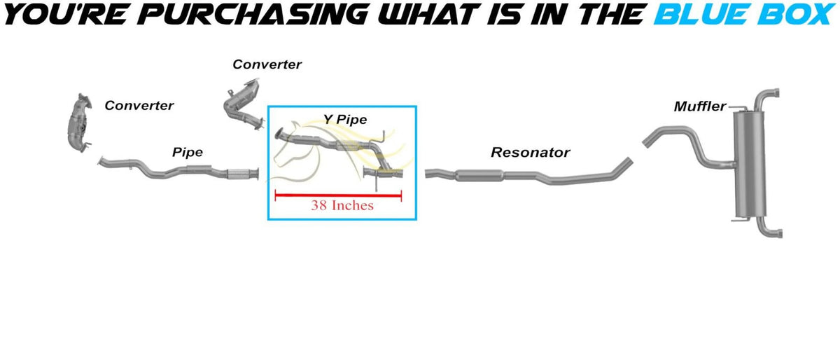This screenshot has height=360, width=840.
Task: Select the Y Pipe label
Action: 345,119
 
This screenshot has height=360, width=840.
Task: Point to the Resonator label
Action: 531,152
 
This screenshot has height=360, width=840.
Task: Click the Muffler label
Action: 700,106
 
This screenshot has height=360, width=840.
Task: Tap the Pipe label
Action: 188,152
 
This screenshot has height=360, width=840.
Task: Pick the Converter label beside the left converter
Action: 139,106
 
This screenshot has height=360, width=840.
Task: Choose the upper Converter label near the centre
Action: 267,64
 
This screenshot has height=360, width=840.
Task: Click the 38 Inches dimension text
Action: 342,205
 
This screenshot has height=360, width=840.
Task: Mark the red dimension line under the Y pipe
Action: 338,195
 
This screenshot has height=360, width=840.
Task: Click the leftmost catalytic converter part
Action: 80,123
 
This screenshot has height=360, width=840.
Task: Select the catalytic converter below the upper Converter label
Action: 244,104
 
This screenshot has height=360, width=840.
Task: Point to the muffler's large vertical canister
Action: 749,165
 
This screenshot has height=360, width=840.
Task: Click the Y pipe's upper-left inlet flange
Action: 279,133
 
